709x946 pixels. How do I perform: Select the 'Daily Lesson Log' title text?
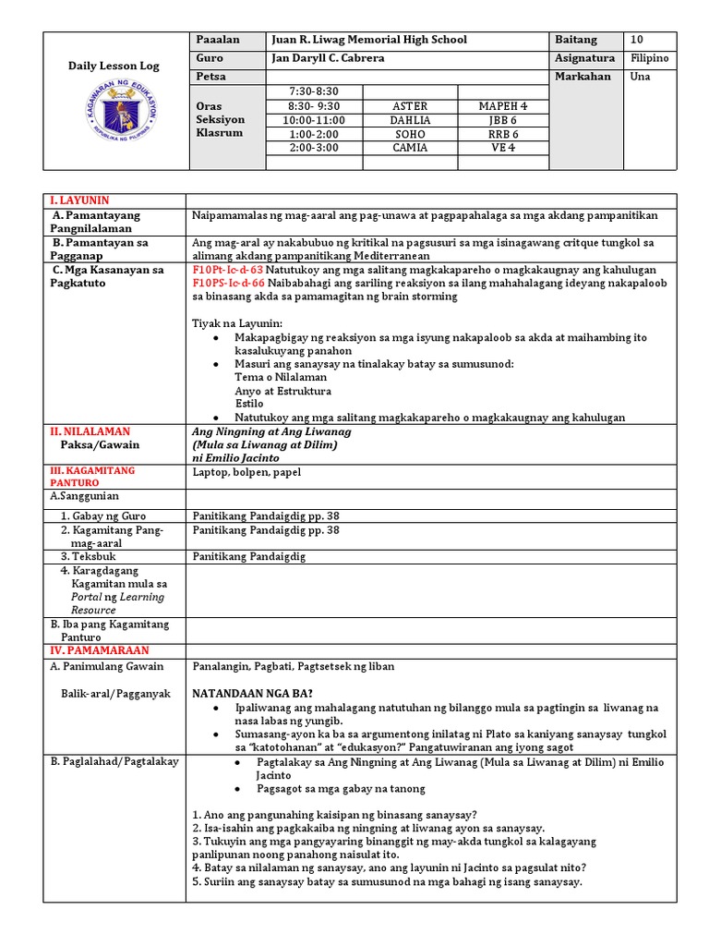tap(114, 67)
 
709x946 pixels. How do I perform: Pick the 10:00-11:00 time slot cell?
tap(314, 120)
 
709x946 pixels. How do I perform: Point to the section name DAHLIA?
tap(411, 120)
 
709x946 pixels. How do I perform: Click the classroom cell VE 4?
tap(504, 147)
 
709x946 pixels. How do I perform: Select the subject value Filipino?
tap(651, 58)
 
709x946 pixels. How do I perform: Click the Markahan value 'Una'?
tap(640, 77)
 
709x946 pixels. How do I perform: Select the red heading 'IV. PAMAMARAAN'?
tap(96, 650)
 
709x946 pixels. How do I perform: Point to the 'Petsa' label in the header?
tap(211, 77)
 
